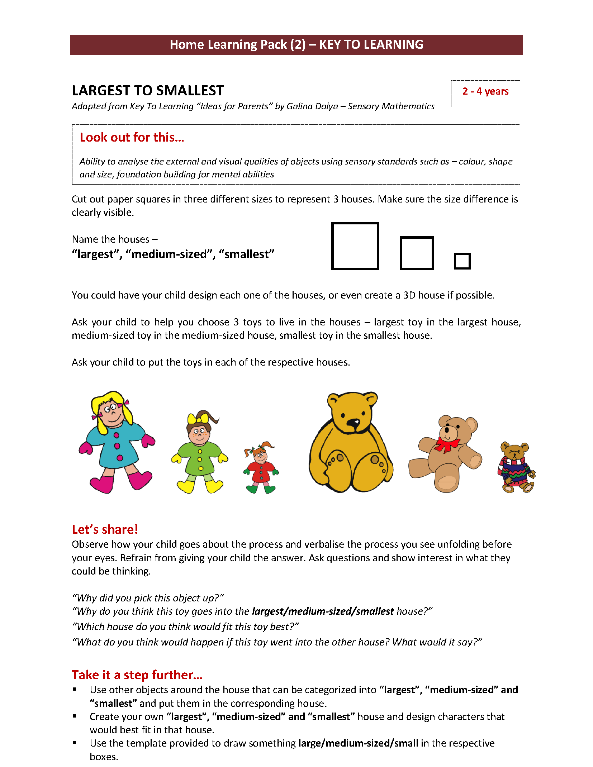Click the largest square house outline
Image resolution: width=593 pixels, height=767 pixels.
(355, 246)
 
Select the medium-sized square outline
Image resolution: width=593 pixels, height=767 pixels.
(416, 253)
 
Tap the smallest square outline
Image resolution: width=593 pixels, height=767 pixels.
(462, 261)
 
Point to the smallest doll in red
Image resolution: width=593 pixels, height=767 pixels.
(261, 468)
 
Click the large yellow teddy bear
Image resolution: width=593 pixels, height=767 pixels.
(351, 443)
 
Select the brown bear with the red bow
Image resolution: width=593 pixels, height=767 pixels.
(446, 453)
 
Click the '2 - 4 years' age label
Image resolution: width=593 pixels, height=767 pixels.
(485, 91)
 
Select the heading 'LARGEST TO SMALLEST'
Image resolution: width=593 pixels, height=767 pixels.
(148, 91)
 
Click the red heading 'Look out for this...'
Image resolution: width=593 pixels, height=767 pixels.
(132, 137)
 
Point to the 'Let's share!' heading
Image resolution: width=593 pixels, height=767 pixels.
(105, 529)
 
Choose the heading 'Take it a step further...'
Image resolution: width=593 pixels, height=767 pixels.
(137, 675)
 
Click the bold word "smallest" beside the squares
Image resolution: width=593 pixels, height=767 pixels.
(247, 254)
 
